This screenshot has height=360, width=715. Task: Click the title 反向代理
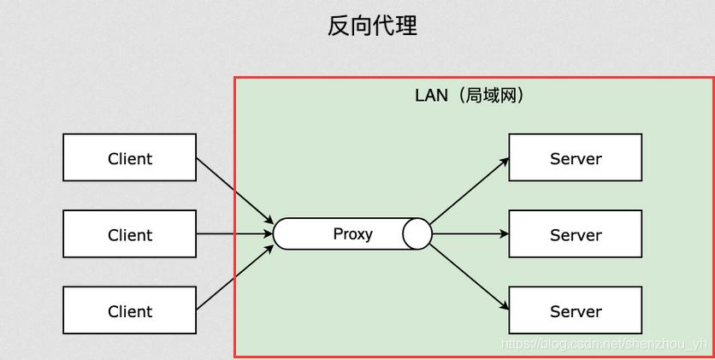click(x=372, y=26)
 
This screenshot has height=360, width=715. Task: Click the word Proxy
click(x=352, y=233)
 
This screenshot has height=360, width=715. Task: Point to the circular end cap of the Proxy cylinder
click(x=417, y=233)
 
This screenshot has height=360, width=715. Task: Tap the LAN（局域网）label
click(x=469, y=95)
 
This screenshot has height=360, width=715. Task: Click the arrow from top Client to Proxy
click(x=234, y=191)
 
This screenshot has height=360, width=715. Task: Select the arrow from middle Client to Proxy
click(x=234, y=233)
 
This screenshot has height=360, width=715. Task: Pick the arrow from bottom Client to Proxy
click(x=234, y=277)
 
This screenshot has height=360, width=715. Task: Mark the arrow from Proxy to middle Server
click(x=470, y=233)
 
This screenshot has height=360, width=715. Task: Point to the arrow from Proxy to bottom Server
click(x=470, y=276)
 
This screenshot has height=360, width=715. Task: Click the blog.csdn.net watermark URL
click(x=604, y=344)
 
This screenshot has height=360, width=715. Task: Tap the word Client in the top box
click(x=130, y=159)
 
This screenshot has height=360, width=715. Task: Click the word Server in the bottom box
click(x=576, y=312)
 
